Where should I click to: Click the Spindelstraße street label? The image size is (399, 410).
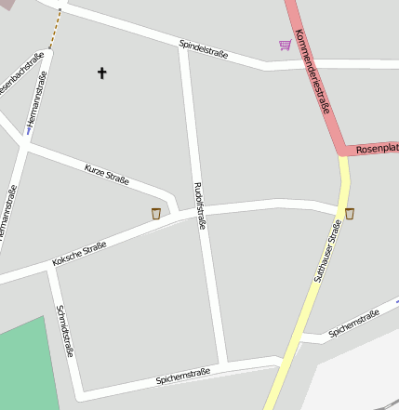coord(204,48)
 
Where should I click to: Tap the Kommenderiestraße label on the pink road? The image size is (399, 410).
coord(313,72)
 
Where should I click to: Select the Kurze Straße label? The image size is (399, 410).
coord(106,174)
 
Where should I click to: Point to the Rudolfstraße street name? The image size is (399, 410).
coord(198,205)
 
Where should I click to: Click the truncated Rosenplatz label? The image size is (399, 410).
coord(376,148)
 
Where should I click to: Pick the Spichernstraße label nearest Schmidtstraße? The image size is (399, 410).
coord(183,377)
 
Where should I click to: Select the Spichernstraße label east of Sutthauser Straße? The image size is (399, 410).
coord(353,324)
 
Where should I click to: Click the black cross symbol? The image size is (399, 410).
coord(101,72)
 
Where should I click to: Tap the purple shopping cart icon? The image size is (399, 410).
coord(285,45)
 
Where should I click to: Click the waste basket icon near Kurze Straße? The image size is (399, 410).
coord(156,214)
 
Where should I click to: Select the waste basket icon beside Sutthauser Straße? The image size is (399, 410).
coord(350,214)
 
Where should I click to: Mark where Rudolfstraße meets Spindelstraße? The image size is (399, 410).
coord(182,45)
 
